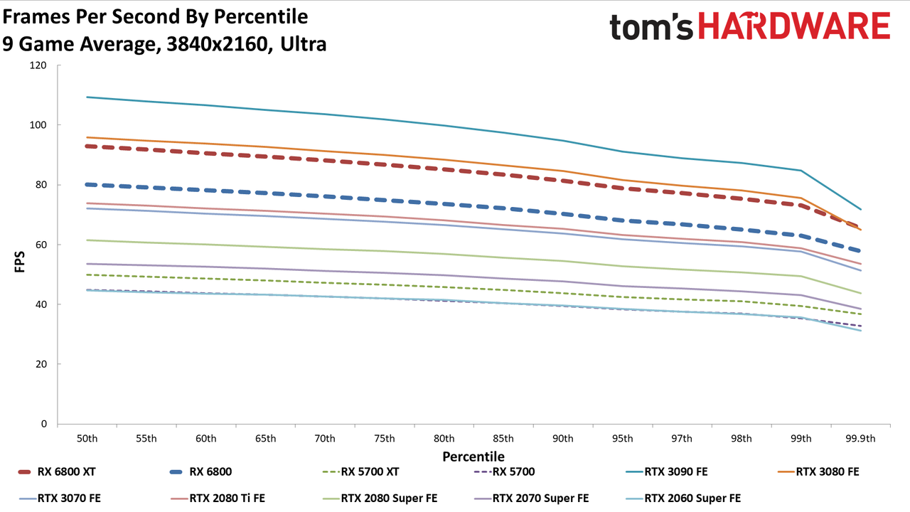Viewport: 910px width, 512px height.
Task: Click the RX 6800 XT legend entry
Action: point(57,471)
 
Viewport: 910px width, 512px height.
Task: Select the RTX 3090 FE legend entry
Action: point(667,471)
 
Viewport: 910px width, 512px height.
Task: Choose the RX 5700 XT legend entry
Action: point(360,471)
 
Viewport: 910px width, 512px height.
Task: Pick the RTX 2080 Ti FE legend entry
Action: point(218,498)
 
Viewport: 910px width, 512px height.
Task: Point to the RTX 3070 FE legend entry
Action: point(60,498)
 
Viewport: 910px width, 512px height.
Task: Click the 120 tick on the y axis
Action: point(38,65)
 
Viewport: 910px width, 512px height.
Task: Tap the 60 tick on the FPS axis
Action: point(41,245)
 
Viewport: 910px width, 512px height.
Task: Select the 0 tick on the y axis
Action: point(44,424)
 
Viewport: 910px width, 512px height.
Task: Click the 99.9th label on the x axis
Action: point(860,439)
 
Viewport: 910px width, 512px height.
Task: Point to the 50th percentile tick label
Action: point(87,439)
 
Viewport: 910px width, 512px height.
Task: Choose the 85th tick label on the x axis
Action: point(503,439)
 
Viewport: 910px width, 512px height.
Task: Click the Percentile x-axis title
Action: point(473,457)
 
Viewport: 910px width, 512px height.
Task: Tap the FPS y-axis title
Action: point(19,262)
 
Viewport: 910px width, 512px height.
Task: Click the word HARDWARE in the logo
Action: point(794,26)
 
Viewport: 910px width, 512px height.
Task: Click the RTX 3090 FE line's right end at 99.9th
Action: point(860,209)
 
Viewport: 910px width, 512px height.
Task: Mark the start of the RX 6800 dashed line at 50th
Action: point(87,184)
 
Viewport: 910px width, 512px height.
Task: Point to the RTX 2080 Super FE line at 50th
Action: point(87,240)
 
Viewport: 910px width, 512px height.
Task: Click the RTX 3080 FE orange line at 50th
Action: point(87,137)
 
